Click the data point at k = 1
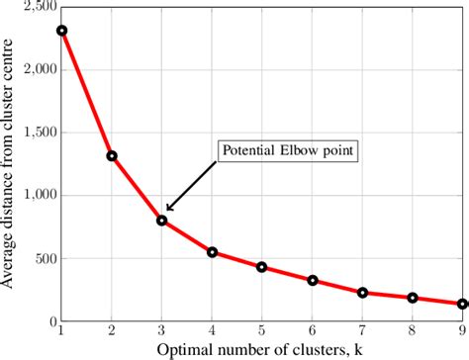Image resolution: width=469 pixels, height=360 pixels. coord(61,31)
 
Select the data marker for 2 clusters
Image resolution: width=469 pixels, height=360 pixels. coord(112,155)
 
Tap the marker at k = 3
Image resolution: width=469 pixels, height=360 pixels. coord(161,221)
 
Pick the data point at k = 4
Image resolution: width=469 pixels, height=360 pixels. coord(212,252)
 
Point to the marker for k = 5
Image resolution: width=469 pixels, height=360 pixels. coord(261,267)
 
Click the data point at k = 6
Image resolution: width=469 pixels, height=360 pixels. coord(312,280)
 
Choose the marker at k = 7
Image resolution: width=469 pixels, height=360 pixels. coord(362,293)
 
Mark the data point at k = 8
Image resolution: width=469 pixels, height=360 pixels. coord(413,298)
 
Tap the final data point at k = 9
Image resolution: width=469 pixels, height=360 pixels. coord(461,305)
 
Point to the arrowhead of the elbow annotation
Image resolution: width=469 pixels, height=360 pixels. coord(167,209)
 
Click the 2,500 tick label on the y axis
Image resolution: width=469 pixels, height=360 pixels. coord(39,8)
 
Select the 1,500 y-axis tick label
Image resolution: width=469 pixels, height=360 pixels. coord(39,133)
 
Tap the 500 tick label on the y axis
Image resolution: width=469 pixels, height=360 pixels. coord(45,259)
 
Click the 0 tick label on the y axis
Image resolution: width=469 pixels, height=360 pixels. coord(52,322)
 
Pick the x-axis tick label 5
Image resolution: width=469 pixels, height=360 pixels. coord(261,330)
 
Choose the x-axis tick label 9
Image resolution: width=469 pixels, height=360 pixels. coord(461,330)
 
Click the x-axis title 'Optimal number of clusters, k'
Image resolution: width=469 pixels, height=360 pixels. coord(261,349)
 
